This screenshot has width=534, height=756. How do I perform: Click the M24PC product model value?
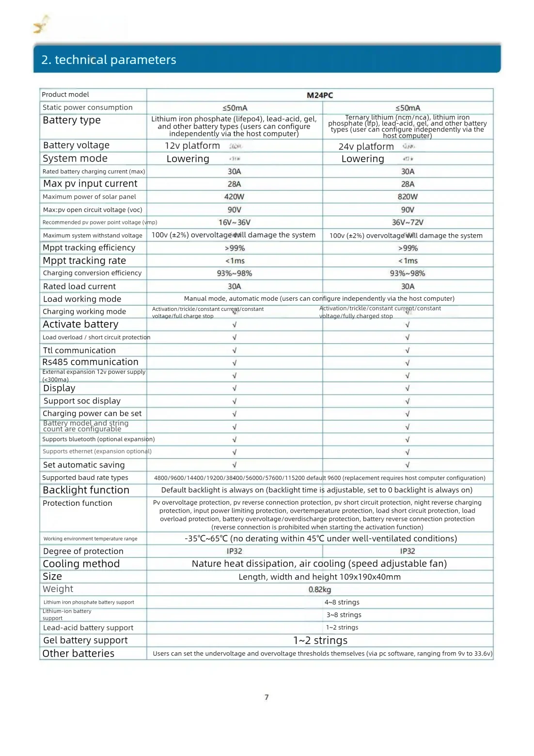[320, 95]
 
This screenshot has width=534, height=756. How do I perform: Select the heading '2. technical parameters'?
[109, 60]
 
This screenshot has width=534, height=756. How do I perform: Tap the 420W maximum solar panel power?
[234, 197]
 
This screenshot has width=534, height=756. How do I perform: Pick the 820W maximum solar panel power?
[408, 197]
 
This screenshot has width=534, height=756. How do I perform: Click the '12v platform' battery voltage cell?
[192, 146]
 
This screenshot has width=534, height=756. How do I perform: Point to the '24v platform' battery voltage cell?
[366, 146]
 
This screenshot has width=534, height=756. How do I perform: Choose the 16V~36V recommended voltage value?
[234, 223]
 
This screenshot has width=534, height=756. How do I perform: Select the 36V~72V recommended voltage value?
[408, 223]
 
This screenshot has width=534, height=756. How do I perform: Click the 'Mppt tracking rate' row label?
[84, 261]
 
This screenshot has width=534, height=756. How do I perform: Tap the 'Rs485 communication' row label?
[90, 362]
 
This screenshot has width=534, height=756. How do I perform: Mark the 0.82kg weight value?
[320, 590]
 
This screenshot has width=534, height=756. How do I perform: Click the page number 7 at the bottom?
[267, 697]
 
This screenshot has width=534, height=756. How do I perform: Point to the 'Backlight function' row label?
[86, 490]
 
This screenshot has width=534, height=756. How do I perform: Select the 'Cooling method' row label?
[81, 564]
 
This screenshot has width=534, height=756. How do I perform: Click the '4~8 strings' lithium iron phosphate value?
[342, 602]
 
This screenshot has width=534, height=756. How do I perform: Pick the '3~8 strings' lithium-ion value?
[344, 615]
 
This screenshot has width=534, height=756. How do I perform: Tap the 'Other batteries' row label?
[79, 654]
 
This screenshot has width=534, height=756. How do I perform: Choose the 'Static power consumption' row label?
[87, 108]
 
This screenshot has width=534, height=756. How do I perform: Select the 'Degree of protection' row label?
[83, 551]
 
